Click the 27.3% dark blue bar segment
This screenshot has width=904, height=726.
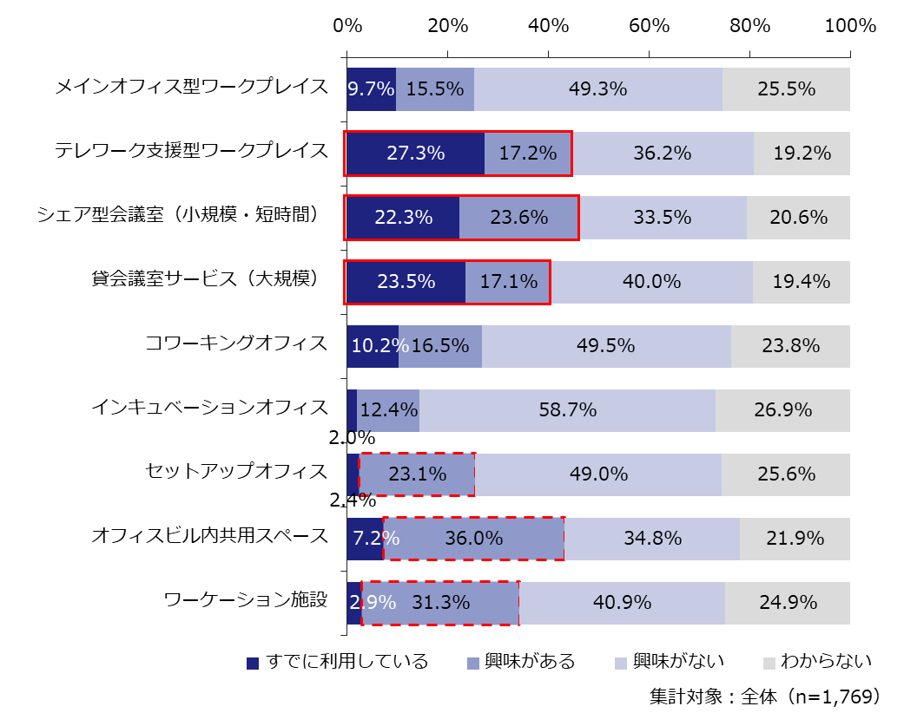(415, 154)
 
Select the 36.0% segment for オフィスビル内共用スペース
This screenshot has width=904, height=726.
(474, 539)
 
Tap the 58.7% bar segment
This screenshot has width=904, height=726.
(567, 410)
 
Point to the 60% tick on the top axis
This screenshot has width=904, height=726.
(649, 26)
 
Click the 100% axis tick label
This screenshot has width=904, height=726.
(850, 26)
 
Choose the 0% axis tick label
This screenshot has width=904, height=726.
(347, 26)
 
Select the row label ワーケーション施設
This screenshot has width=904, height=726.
(246, 600)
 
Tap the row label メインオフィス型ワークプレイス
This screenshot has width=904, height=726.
(192, 88)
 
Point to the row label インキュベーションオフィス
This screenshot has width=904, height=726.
(210, 408)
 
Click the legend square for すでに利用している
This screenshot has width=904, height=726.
(254, 664)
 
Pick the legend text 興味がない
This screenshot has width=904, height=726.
(678, 663)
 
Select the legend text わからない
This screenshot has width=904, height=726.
(825, 663)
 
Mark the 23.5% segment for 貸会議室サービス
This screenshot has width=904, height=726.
(406, 282)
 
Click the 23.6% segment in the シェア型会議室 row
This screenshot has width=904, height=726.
(518, 218)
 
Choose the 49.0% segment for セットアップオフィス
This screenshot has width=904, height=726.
(598, 474)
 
